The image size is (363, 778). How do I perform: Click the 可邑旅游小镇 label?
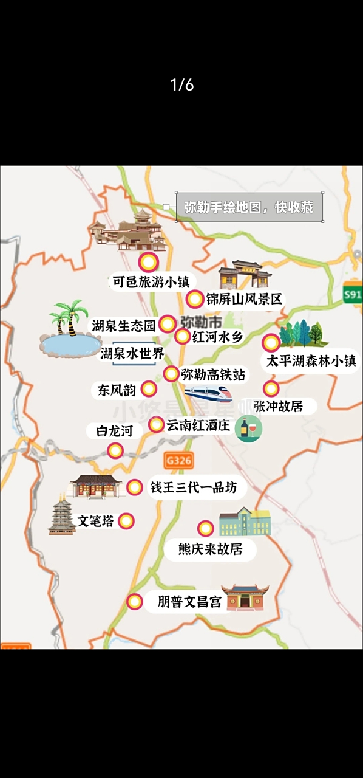tap(151, 283)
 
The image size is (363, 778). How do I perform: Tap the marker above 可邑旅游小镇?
tap(148, 263)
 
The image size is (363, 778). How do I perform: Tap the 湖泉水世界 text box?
tap(132, 354)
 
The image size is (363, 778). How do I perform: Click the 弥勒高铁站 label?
tap(212, 375)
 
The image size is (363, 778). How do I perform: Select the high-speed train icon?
tap(208, 393)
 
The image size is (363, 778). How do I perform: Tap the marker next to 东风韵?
tap(148, 389)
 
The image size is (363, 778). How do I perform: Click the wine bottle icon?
tap(248, 429)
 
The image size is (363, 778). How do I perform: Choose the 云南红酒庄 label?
tap(198, 425)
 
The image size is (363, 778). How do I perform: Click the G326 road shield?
tap(178, 460)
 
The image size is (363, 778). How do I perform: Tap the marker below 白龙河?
tap(115, 450)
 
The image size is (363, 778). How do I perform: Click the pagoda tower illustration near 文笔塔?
tap(61, 515)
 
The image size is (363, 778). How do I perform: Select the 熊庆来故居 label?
tap(210, 549)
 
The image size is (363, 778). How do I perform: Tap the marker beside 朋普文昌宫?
tap(135, 602)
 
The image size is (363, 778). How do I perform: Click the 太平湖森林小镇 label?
tap(311, 361)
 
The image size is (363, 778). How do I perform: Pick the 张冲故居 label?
tap(278, 406)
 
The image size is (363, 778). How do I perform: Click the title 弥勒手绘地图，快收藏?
tap(249, 207)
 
